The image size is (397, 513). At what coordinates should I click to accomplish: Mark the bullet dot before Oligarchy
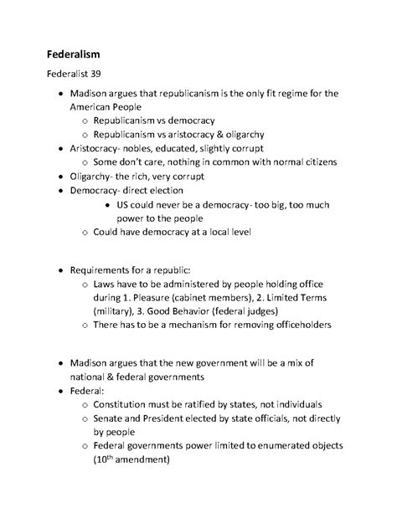point(55,177)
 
